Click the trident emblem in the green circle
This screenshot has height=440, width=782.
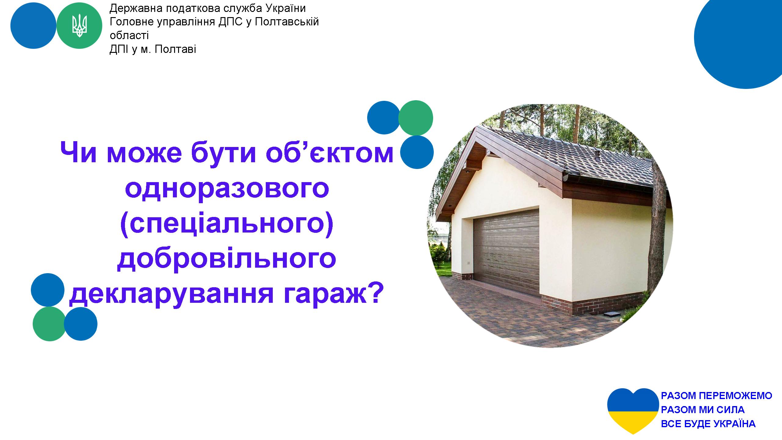click(x=79, y=26)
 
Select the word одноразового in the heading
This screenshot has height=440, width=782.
click(x=227, y=187)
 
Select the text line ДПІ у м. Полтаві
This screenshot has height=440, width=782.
click(x=153, y=50)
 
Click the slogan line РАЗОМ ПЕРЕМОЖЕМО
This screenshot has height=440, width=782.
click(x=717, y=396)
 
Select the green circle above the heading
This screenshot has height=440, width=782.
click(x=416, y=118)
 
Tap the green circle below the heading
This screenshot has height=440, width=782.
click(x=50, y=324)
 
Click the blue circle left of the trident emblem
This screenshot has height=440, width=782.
click(x=33, y=26)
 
